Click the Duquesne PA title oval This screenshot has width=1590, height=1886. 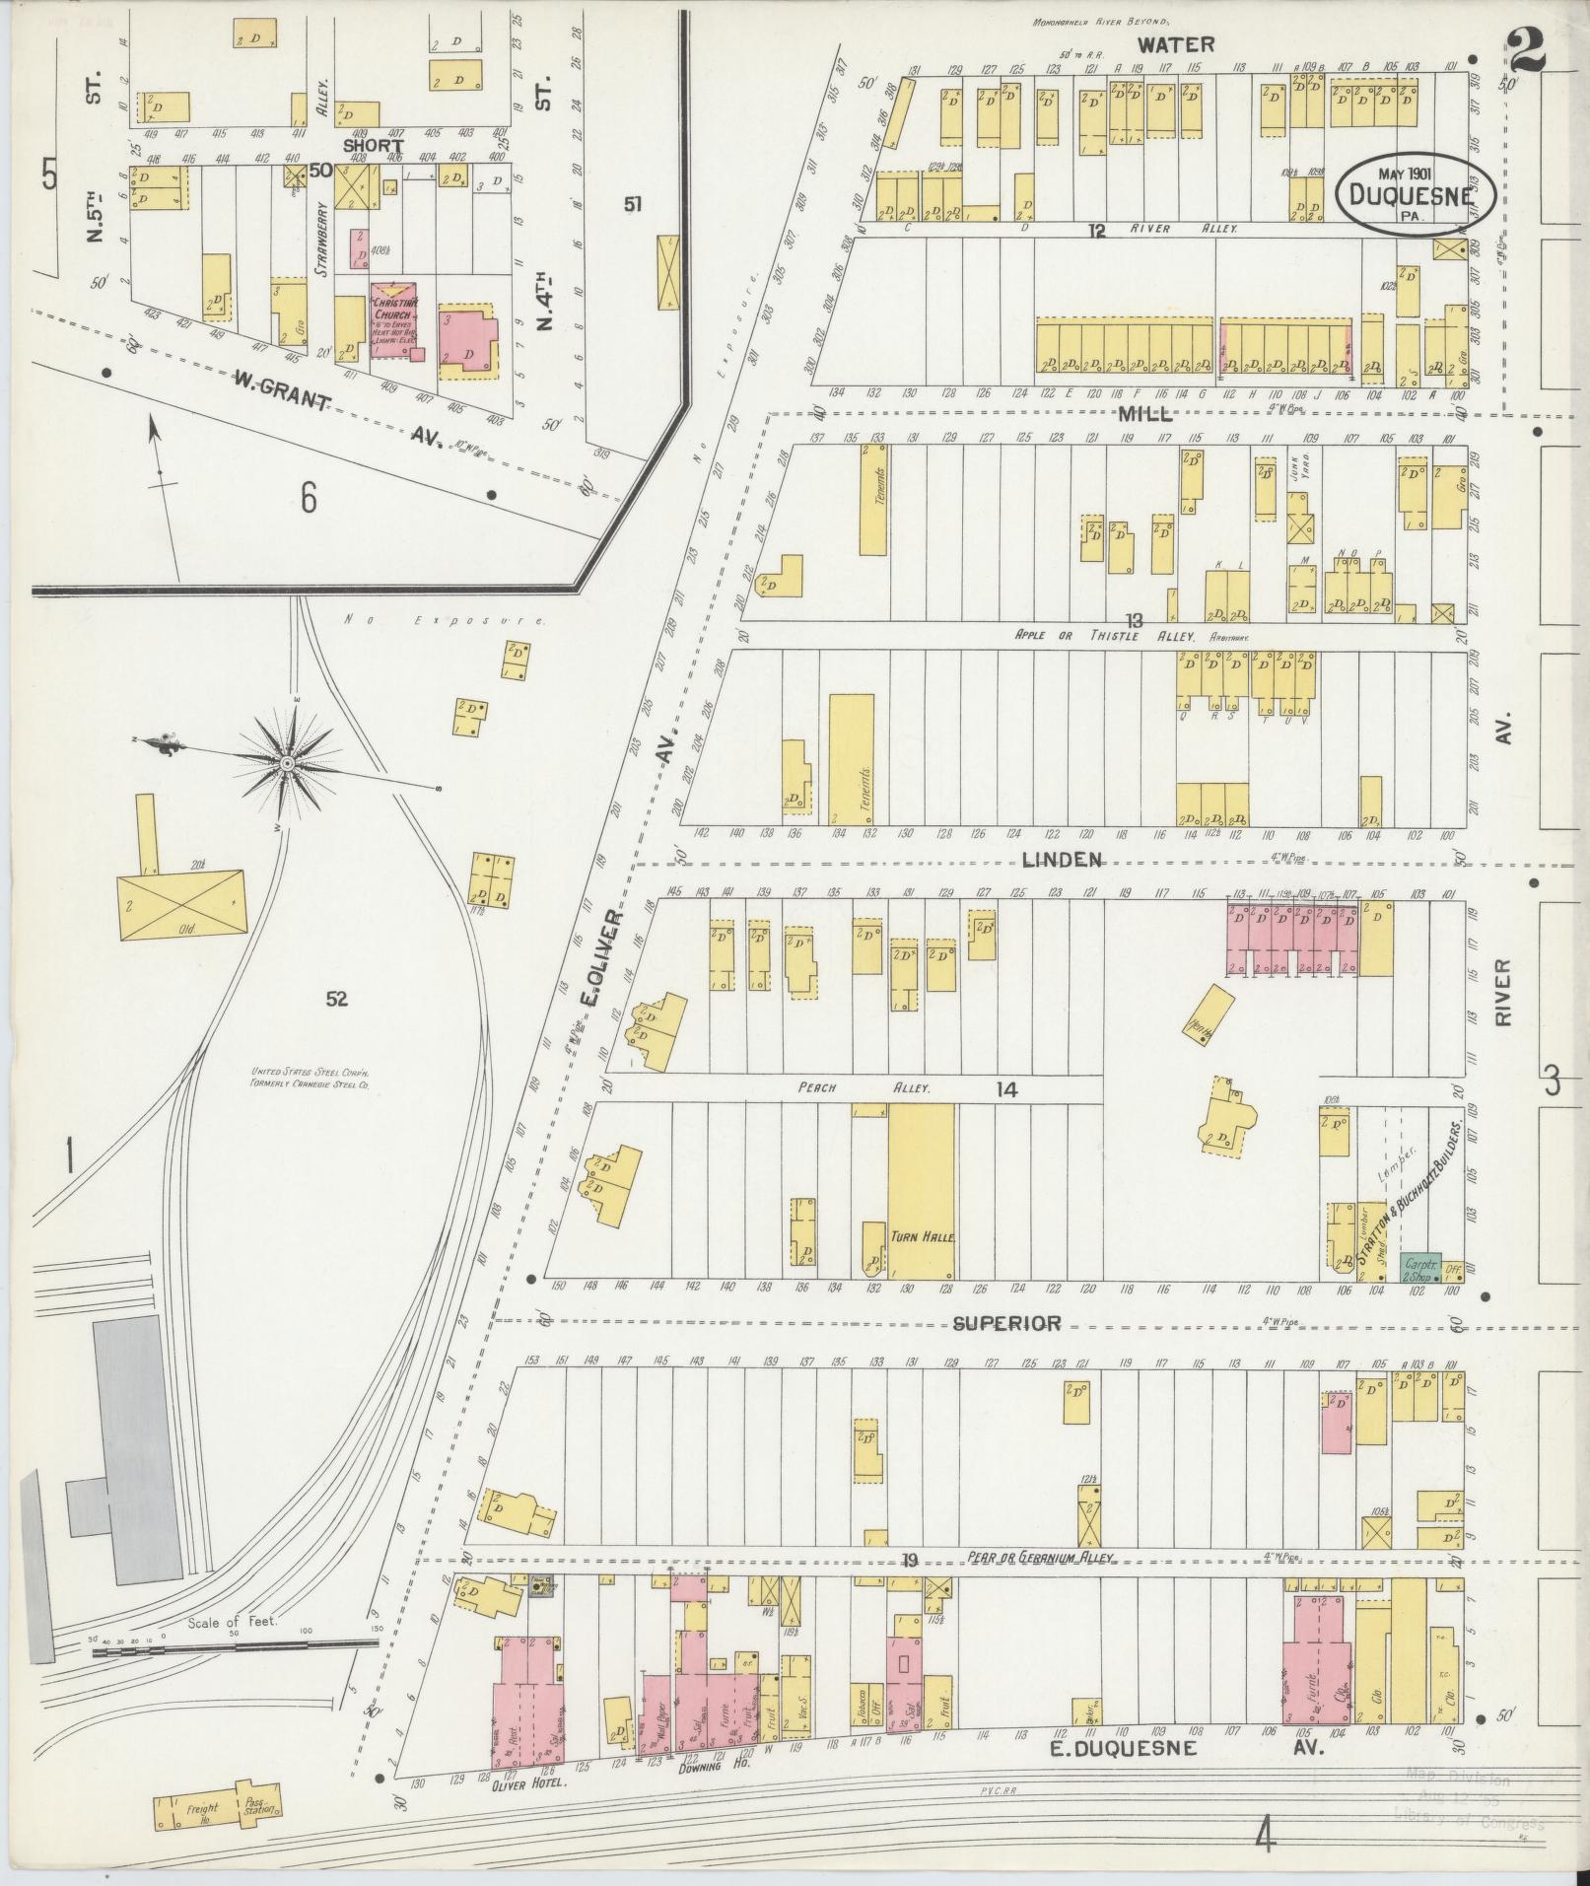(1417, 193)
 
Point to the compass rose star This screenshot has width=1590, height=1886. (286, 764)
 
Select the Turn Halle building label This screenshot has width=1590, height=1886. (921, 1235)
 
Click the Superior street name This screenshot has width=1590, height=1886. (1005, 1323)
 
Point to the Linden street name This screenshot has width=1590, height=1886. (1061, 860)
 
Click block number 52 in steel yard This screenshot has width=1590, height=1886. (337, 999)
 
